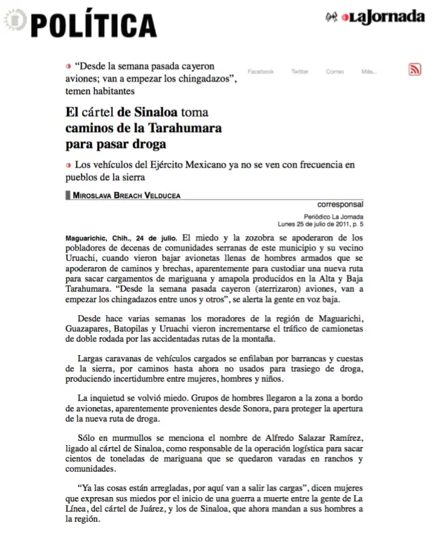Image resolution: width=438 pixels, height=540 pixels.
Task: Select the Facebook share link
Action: [260, 72]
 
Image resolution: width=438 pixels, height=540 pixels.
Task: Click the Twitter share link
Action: [299, 72]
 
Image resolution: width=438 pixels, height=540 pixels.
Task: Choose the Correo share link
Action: [335, 72]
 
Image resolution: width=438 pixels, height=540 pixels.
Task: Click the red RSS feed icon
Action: [415, 69]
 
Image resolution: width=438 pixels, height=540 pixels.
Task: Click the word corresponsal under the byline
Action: [340, 205]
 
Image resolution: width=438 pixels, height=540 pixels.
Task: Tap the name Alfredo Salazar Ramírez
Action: [290, 438]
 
